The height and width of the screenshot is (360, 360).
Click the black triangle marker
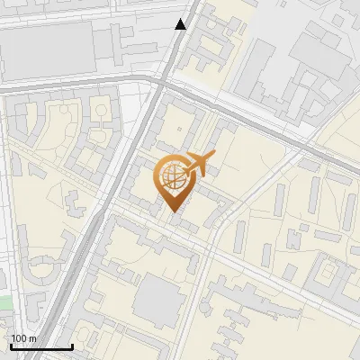(x=182, y=24)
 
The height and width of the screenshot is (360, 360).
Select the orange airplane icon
(x=201, y=164)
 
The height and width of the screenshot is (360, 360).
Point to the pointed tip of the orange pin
(x=173, y=210)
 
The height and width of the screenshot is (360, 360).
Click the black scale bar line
(x=41, y=346)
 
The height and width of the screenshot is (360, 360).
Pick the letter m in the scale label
(x=33, y=338)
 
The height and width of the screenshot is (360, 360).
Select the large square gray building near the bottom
(x=158, y=297)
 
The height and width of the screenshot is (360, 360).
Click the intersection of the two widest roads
(x=160, y=84)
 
